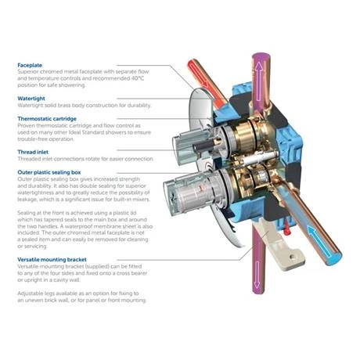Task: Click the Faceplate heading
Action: pyautogui.click(x=30, y=65)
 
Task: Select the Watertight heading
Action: pyautogui.click(x=31, y=99)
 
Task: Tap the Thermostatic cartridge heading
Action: pyautogui.click(x=47, y=119)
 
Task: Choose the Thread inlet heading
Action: pyautogui.click(x=33, y=152)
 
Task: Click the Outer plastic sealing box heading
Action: pyautogui.click(x=49, y=172)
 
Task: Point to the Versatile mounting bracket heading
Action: pyautogui.click(x=52, y=260)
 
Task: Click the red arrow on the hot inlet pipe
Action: pyautogui.click(x=197, y=74)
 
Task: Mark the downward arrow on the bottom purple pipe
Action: pyautogui.click(x=257, y=275)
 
